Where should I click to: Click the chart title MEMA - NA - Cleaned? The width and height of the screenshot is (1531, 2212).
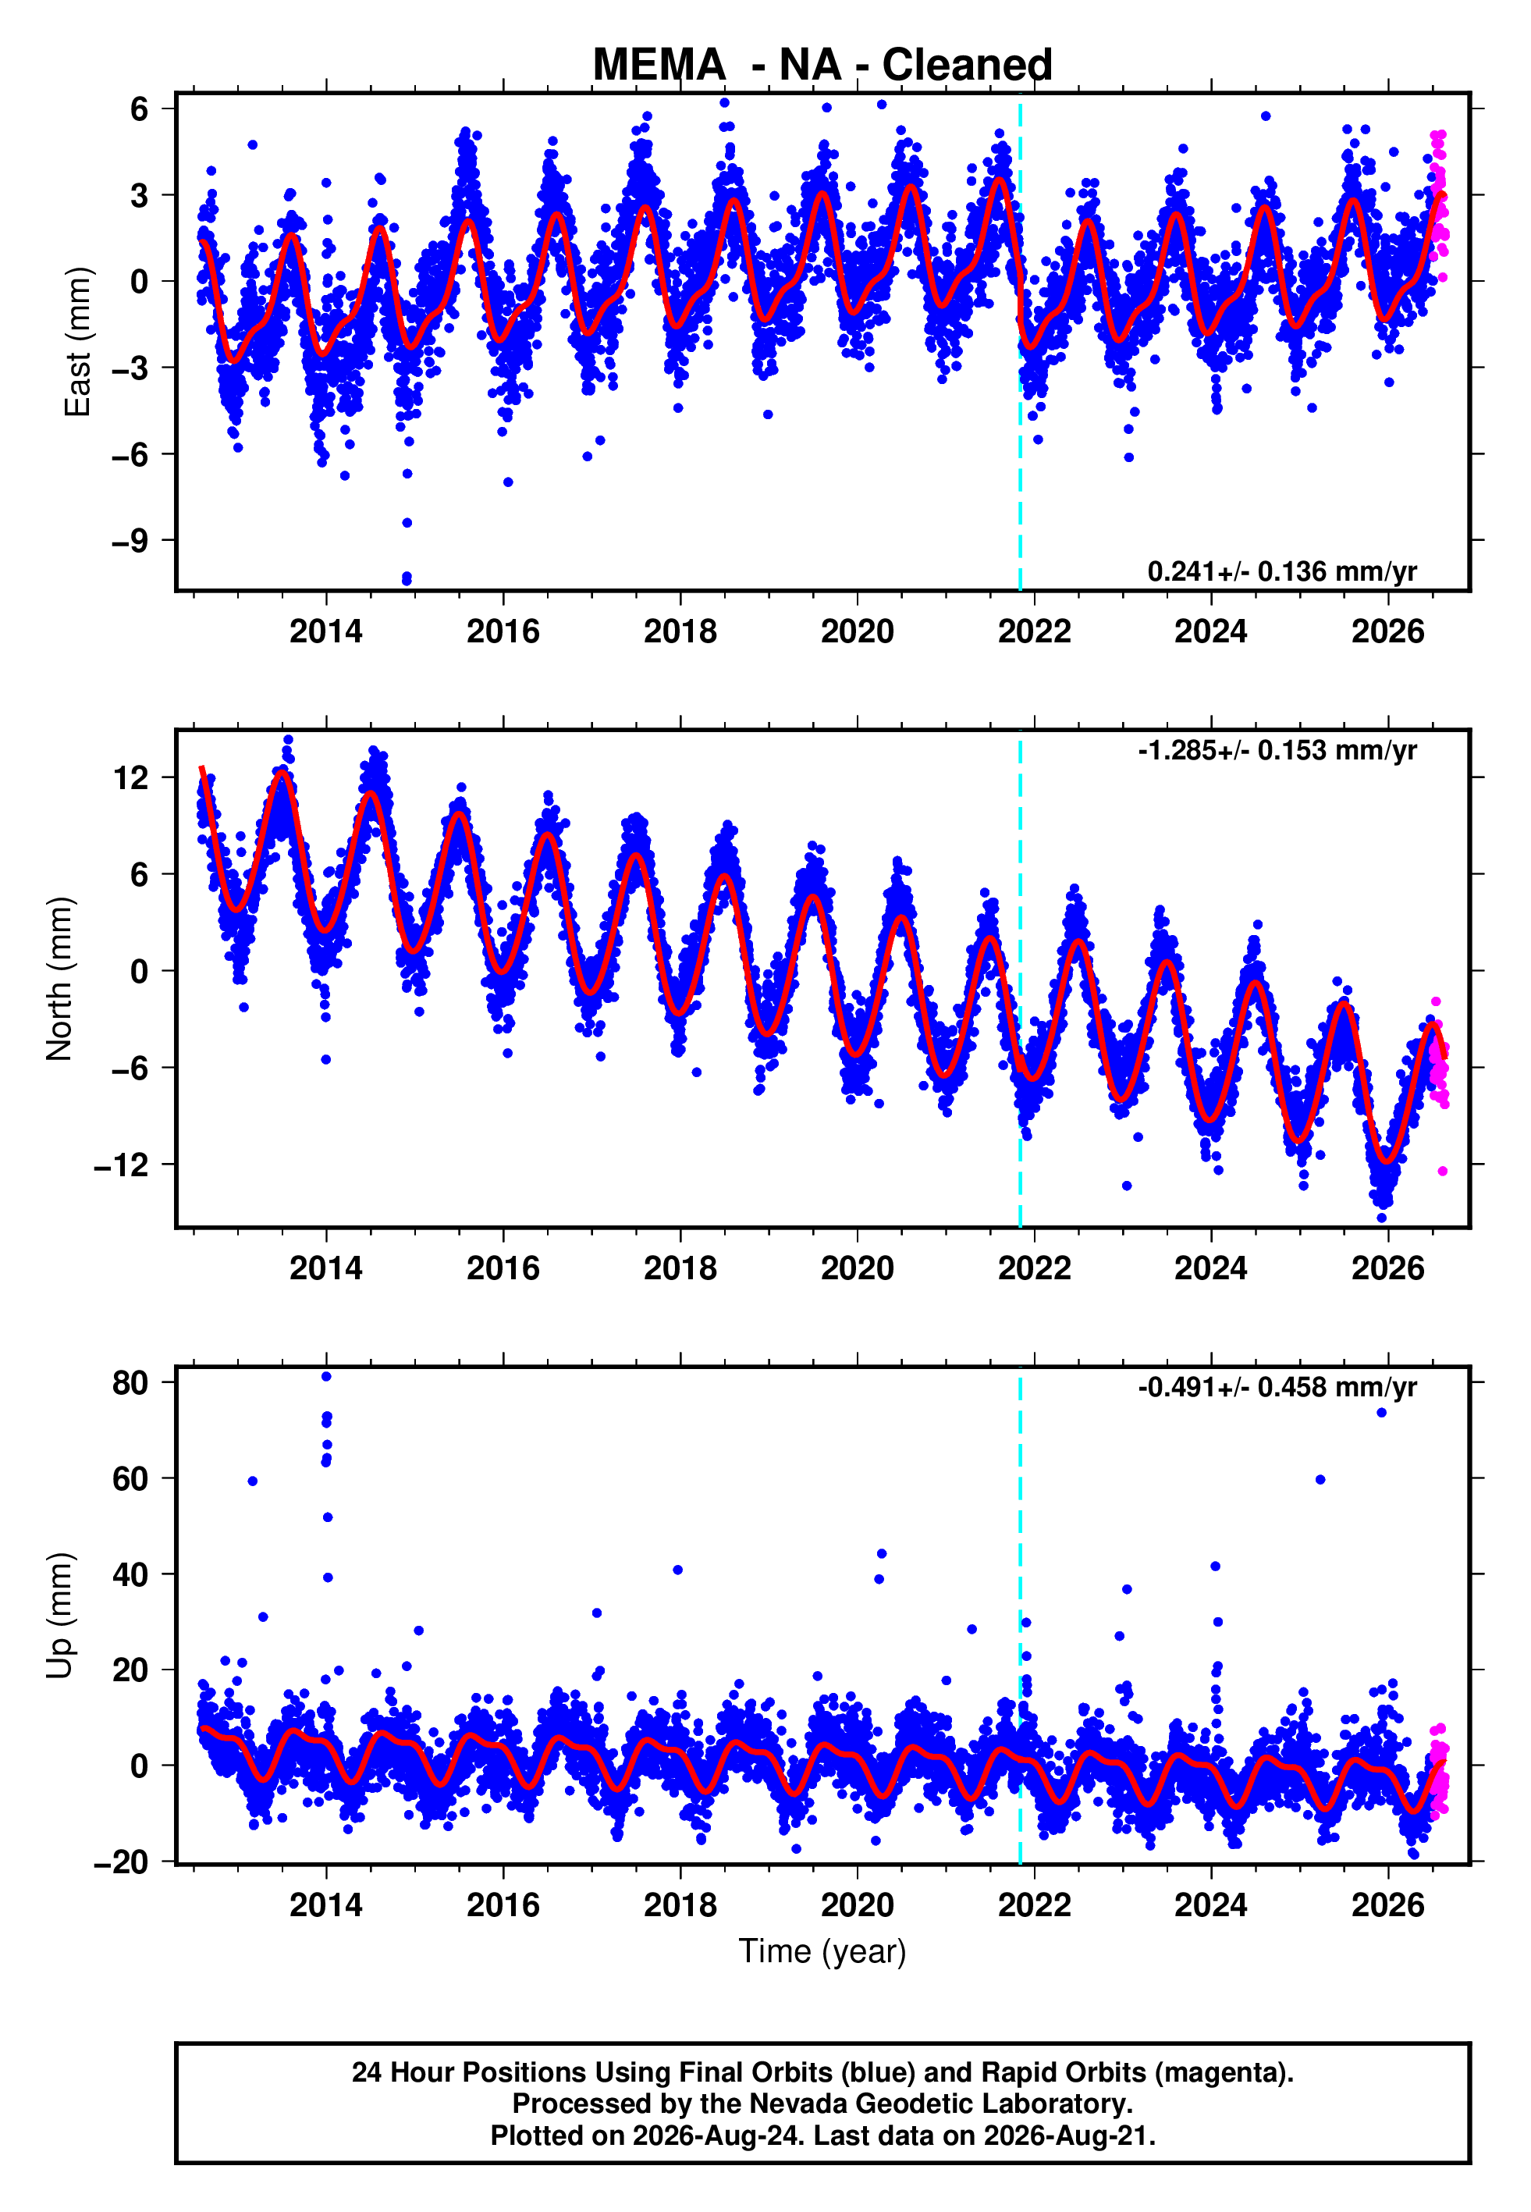[822, 66]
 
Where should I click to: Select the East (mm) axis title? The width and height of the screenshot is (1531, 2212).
[76, 342]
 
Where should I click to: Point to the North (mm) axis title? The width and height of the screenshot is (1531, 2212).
[59, 979]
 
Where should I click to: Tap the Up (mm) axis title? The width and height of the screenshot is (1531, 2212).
[59, 1616]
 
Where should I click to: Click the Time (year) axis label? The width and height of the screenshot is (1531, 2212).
[822, 1952]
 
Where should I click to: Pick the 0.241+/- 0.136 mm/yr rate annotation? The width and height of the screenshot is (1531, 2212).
[1281, 571]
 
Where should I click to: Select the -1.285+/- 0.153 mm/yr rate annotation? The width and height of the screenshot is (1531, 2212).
[1277, 750]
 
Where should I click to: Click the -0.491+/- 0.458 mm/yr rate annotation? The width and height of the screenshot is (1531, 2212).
[1277, 1387]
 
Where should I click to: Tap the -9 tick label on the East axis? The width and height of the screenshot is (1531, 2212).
[130, 541]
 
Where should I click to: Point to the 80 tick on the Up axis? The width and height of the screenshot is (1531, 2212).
[130, 1382]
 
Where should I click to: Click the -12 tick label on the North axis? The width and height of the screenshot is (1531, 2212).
[122, 1165]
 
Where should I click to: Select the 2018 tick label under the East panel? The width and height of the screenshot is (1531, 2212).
[680, 631]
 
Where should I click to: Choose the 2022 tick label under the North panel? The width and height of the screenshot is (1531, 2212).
[1034, 1268]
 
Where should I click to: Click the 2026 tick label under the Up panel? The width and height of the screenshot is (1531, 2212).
[1388, 1905]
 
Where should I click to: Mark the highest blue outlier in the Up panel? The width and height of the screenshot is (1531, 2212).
[326, 1377]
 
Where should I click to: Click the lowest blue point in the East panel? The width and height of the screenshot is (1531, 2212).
[407, 581]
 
